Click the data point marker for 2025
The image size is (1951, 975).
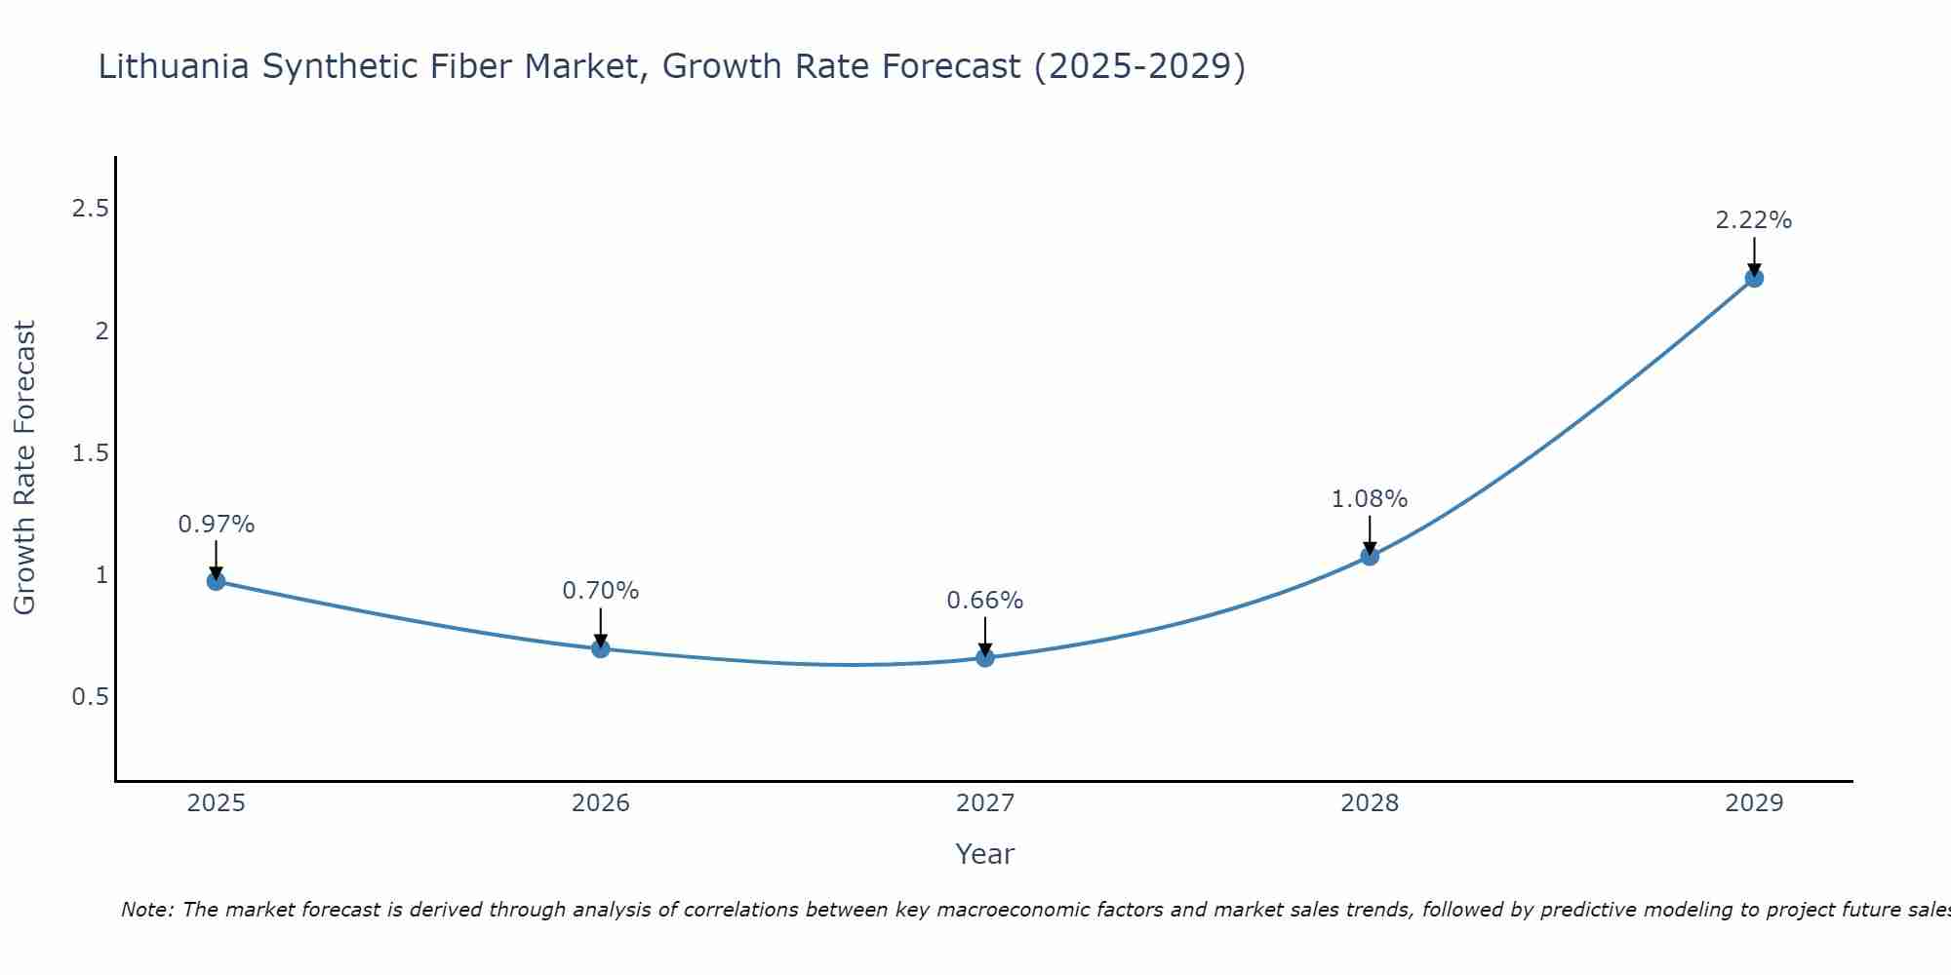[x=217, y=581]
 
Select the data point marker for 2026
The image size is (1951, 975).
[x=601, y=648]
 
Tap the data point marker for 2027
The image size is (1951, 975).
[x=985, y=658]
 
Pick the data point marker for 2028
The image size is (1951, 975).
[x=1370, y=556]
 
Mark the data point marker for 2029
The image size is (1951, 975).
[x=1754, y=278]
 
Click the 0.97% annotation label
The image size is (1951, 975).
[x=217, y=525]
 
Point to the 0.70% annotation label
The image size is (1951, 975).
[x=601, y=591]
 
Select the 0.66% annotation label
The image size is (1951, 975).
[x=985, y=601]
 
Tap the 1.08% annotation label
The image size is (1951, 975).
[x=1370, y=499]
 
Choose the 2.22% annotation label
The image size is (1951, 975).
[x=1754, y=220]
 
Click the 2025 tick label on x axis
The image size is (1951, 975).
[x=217, y=803]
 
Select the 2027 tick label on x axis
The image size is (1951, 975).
[x=985, y=803]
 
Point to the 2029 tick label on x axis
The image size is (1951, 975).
[x=1754, y=803]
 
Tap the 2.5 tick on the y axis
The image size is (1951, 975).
[x=91, y=209]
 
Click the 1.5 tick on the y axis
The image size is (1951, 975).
[x=91, y=453]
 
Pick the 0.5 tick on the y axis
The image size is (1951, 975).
[x=91, y=697]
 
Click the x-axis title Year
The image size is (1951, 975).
[x=985, y=854]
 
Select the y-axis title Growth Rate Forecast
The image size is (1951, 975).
[x=24, y=468]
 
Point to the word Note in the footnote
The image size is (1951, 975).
[x=146, y=910]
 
